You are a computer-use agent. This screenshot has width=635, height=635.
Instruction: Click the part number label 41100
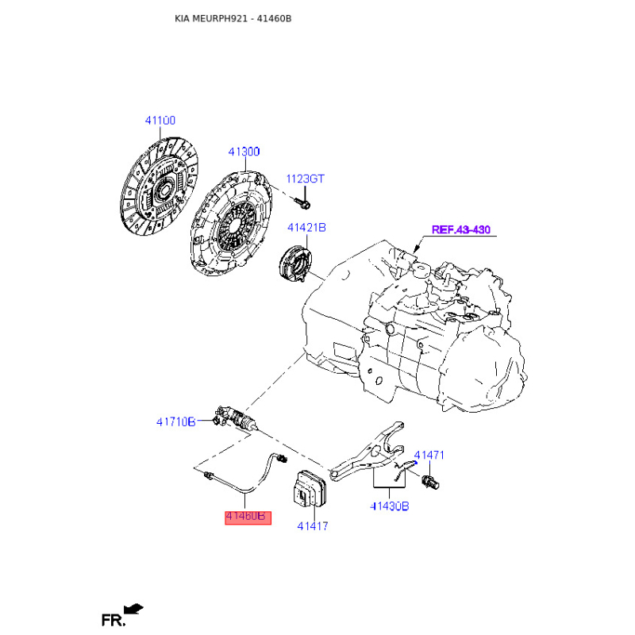click(x=160, y=121)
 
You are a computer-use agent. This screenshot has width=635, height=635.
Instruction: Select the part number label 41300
click(x=244, y=152)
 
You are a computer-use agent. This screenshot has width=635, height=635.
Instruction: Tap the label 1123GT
click(x=305, y=179)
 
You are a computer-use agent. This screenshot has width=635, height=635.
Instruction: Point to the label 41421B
click(x=306, y=227)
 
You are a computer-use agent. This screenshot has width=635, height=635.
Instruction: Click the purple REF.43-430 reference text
click(x=461, y=229)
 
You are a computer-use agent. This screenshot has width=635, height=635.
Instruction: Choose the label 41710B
click(x=175, y=422)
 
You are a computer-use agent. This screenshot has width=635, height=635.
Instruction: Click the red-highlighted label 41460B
click(x=248, y=518)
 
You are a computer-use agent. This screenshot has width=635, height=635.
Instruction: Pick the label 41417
click(x=312, y=526)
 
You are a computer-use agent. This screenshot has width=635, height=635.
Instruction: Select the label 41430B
click(x=390, y=506)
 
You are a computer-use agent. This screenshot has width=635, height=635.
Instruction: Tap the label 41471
click(x=429, y=455)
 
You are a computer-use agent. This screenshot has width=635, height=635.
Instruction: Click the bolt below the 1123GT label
click(x=302, y=203)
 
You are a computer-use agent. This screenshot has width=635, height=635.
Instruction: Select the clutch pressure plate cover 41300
click(x=231, y=224)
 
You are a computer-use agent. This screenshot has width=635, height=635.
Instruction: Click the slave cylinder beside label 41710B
click(x=235, y=419)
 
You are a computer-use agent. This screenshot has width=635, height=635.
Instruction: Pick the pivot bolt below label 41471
click(x=430, y=482)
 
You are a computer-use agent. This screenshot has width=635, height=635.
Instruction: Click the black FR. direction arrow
click(x=133, y=609)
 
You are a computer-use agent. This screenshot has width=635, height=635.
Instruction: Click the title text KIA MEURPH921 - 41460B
click(x=233, y=18)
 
